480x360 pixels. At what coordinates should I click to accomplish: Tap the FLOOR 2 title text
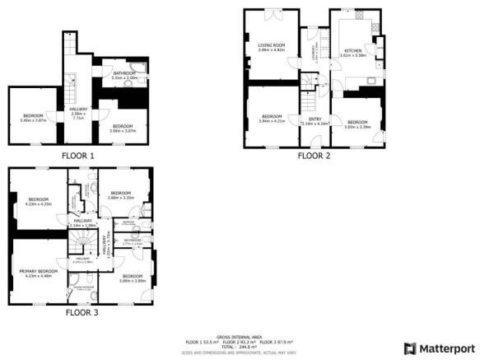pos(314,155)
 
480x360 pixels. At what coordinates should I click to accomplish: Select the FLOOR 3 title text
pos(82,313)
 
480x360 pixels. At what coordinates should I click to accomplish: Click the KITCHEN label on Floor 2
pos(352,50)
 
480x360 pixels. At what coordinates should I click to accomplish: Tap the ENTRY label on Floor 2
pos(314,119)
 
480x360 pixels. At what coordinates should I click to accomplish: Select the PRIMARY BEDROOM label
pos(39,271)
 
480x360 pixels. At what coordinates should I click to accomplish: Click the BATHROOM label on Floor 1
pos(124,73)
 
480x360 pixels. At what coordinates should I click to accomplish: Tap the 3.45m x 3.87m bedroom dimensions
pos(32,120)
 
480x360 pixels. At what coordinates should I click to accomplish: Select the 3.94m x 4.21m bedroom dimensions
pos(272,120)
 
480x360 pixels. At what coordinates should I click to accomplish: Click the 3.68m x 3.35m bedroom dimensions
pos(120,198)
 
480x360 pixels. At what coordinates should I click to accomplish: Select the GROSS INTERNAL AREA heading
pos(240,337)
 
